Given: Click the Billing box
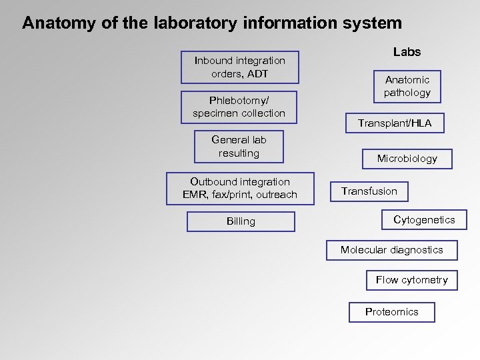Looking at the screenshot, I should [241, 221].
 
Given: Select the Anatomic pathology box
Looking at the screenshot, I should [407, 87].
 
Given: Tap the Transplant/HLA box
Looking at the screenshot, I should [395, 123].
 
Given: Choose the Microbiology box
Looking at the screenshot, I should [407, 159].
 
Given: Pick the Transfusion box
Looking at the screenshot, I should [369, 191].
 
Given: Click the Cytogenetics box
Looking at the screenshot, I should [424, 220].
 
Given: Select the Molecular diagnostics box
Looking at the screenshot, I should [391, 250].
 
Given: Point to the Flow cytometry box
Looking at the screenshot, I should [411, 280].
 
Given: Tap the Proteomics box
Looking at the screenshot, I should [391, 312].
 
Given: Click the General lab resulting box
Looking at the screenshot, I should [239, 147].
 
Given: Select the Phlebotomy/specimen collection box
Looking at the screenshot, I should [239, 107].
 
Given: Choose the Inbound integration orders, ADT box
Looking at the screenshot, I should [239, 67].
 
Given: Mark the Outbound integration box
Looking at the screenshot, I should [239, 188].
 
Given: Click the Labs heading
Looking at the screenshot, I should [407, 52].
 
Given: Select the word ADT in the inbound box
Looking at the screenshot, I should [257, 73].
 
